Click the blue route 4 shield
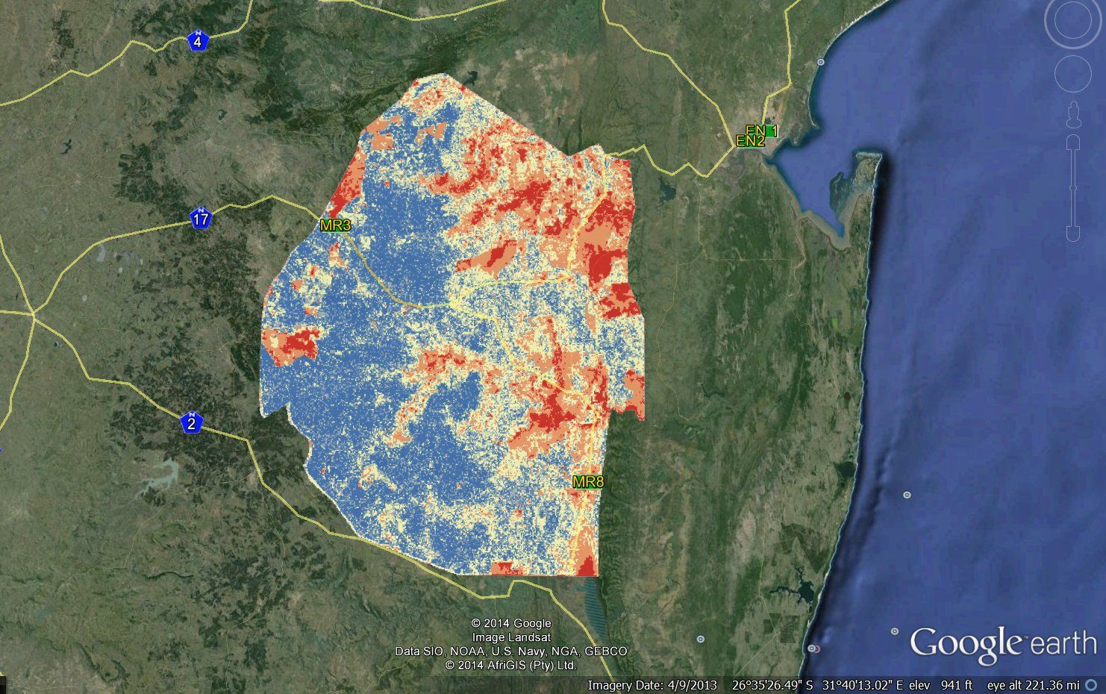(197, 41)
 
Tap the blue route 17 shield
(200, 219)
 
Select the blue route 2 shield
(192, 422)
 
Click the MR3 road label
(335, 225)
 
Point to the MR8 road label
(588, 482)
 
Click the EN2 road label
(750, 140)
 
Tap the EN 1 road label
(763, 131)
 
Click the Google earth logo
(1002, 644)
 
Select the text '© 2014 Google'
(511, 623)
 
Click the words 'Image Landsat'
(511, 637)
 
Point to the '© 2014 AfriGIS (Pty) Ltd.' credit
(511, 664)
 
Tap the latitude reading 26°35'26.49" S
(772, 685)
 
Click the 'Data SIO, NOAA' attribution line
(511, 651)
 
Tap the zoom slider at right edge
(1073, 187)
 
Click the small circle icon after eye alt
(1091, 685)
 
